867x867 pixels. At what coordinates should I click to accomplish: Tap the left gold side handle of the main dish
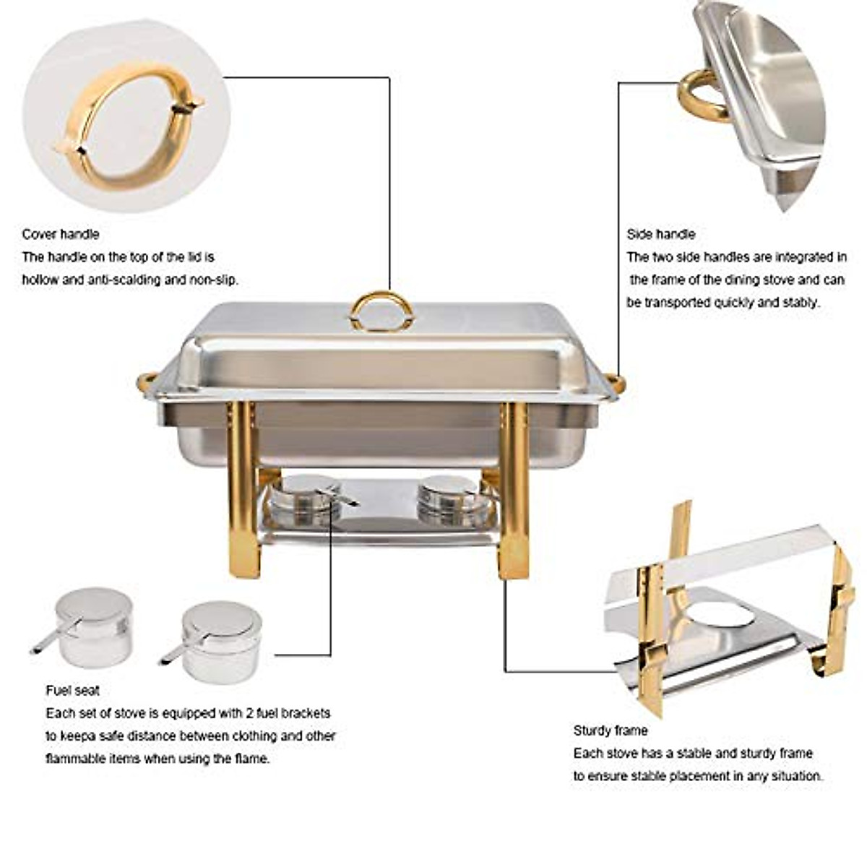click(145, 380)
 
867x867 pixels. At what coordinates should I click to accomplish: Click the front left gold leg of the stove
click(243, 491)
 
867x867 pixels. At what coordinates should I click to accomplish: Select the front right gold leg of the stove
click(514, 491)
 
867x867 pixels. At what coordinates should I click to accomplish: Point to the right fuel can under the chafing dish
click(448, 499)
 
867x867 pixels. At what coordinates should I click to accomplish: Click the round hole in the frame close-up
click(720, 615)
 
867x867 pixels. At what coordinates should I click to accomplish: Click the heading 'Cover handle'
click(61, 234)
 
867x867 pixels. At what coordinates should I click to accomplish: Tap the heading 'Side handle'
click(660, 234)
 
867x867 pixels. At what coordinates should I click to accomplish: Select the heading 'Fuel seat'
click(73, 690)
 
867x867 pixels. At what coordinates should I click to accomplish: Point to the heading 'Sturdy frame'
click(611, 730)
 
